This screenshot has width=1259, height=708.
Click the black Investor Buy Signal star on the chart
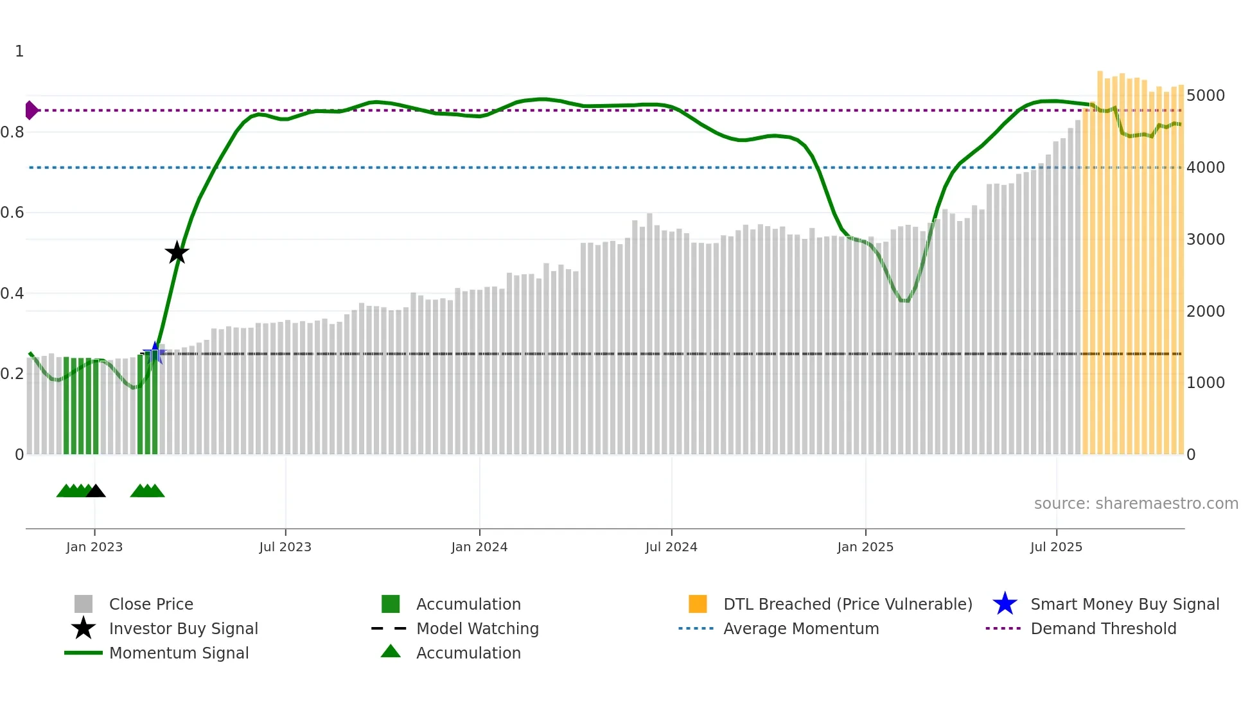(x=177, y=252)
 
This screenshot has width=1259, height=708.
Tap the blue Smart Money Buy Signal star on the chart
(x=154, y=352)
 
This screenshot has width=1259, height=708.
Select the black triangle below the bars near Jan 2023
(x=96, y=491)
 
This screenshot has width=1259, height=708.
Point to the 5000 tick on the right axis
(x=1206, y=96)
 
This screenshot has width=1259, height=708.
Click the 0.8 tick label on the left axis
(x=12, y=132)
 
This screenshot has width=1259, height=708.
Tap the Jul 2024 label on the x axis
(x=671, y=547)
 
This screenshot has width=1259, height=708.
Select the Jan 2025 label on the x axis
(x=865, y=547)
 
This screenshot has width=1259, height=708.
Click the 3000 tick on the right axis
(x=1206, y=240)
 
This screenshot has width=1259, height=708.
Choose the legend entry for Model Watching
(x=477, y=628)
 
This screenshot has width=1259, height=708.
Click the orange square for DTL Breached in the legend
(x=698, y=604)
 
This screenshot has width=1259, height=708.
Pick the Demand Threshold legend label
(x=1103, y=628)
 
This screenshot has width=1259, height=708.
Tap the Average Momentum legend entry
(x=800, y=628)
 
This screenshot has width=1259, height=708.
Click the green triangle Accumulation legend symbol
(x=391, y=651)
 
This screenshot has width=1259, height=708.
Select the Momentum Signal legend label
(x=179, y=653)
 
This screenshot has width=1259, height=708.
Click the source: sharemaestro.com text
(x=1136, y=503)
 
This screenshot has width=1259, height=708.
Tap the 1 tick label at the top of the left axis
(x=19, y=51)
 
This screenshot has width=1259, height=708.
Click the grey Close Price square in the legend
(x=84, y=604)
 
